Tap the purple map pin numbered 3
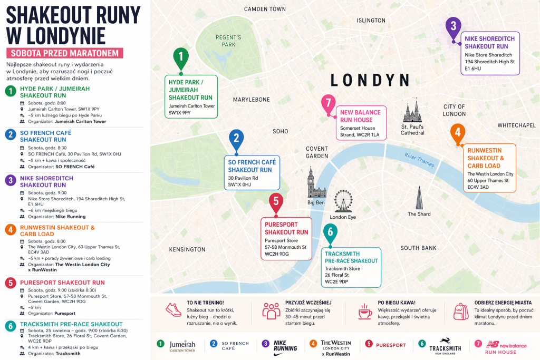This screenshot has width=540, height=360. (x=453, y=26)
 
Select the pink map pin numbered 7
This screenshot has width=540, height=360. (x=329, y=103)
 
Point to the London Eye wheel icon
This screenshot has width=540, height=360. (x=343, y=201)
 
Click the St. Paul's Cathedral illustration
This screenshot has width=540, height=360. (x=412, y=112)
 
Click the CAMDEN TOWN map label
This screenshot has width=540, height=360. (x=265, y=9)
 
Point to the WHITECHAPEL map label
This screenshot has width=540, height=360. (x=517, y=125)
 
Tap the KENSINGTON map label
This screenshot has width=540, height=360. (x=187, y=249)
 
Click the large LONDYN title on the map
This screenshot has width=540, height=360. (x=370, y=80)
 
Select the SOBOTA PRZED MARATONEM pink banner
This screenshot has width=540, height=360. (x=64, y=53)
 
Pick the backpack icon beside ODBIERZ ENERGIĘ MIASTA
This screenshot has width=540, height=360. (x=461, y=311)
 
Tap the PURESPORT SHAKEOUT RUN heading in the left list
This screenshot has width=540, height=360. (x=62, y=283)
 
